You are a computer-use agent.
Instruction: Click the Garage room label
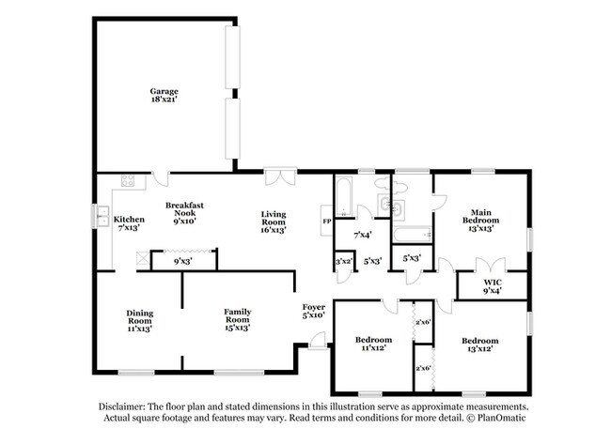tap(164, 91)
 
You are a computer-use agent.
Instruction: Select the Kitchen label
tap(129, 220)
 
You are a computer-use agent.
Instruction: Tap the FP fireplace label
tap(326, 222)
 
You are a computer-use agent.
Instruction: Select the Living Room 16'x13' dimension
tap(274, 228)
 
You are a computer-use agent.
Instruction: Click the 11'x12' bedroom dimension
tap(371, 348)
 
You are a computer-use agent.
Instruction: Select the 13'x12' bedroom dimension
tap(479, 348)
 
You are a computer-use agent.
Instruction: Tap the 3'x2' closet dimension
tap(344, 261)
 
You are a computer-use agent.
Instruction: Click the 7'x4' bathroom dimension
tap(362, 234)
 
